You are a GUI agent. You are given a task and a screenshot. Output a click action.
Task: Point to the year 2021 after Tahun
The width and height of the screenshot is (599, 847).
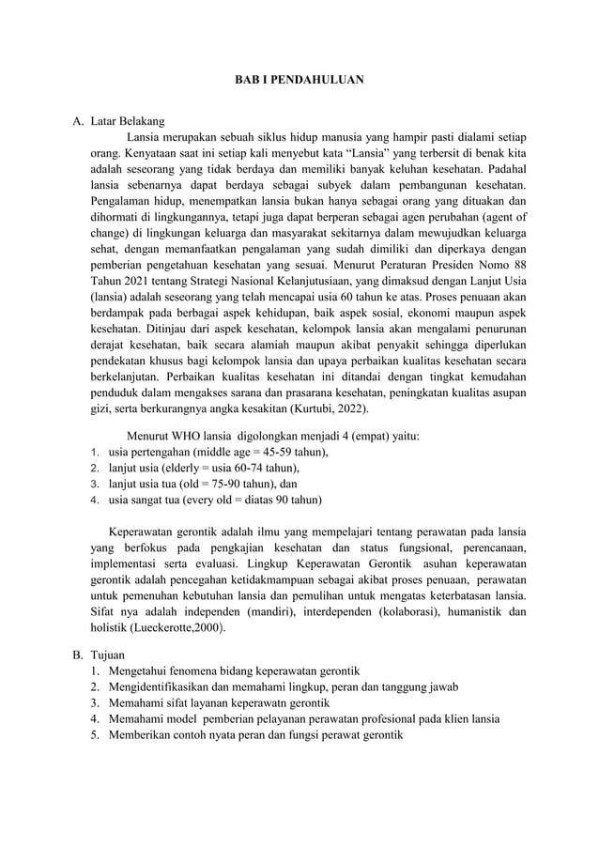coord(135,280)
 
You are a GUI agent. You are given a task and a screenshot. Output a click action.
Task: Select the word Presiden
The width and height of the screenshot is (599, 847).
coord(443,264)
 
